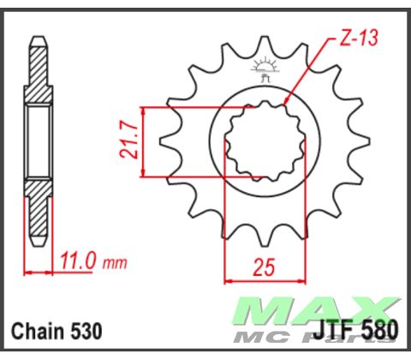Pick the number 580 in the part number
pyautogui.click(x=380, y=330)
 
